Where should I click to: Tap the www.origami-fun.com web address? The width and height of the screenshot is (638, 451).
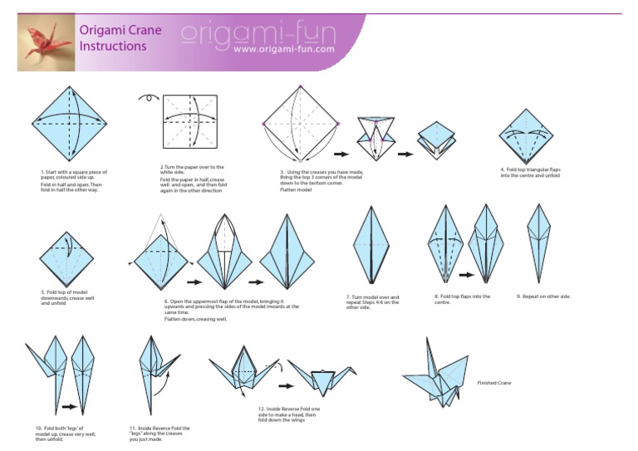(x=284, y=50)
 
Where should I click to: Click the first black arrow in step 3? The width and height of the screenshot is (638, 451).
(x=341, y=154)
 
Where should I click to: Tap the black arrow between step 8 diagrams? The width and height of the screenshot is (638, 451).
(x=466, y=274)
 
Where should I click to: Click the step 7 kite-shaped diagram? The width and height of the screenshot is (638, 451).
(x=368, y=246)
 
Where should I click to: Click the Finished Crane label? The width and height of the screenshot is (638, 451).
(x=494, y=383)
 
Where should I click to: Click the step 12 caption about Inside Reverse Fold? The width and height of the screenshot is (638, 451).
(x=289, y=414)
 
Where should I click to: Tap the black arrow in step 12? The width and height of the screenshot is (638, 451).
(x=284, y=385)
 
